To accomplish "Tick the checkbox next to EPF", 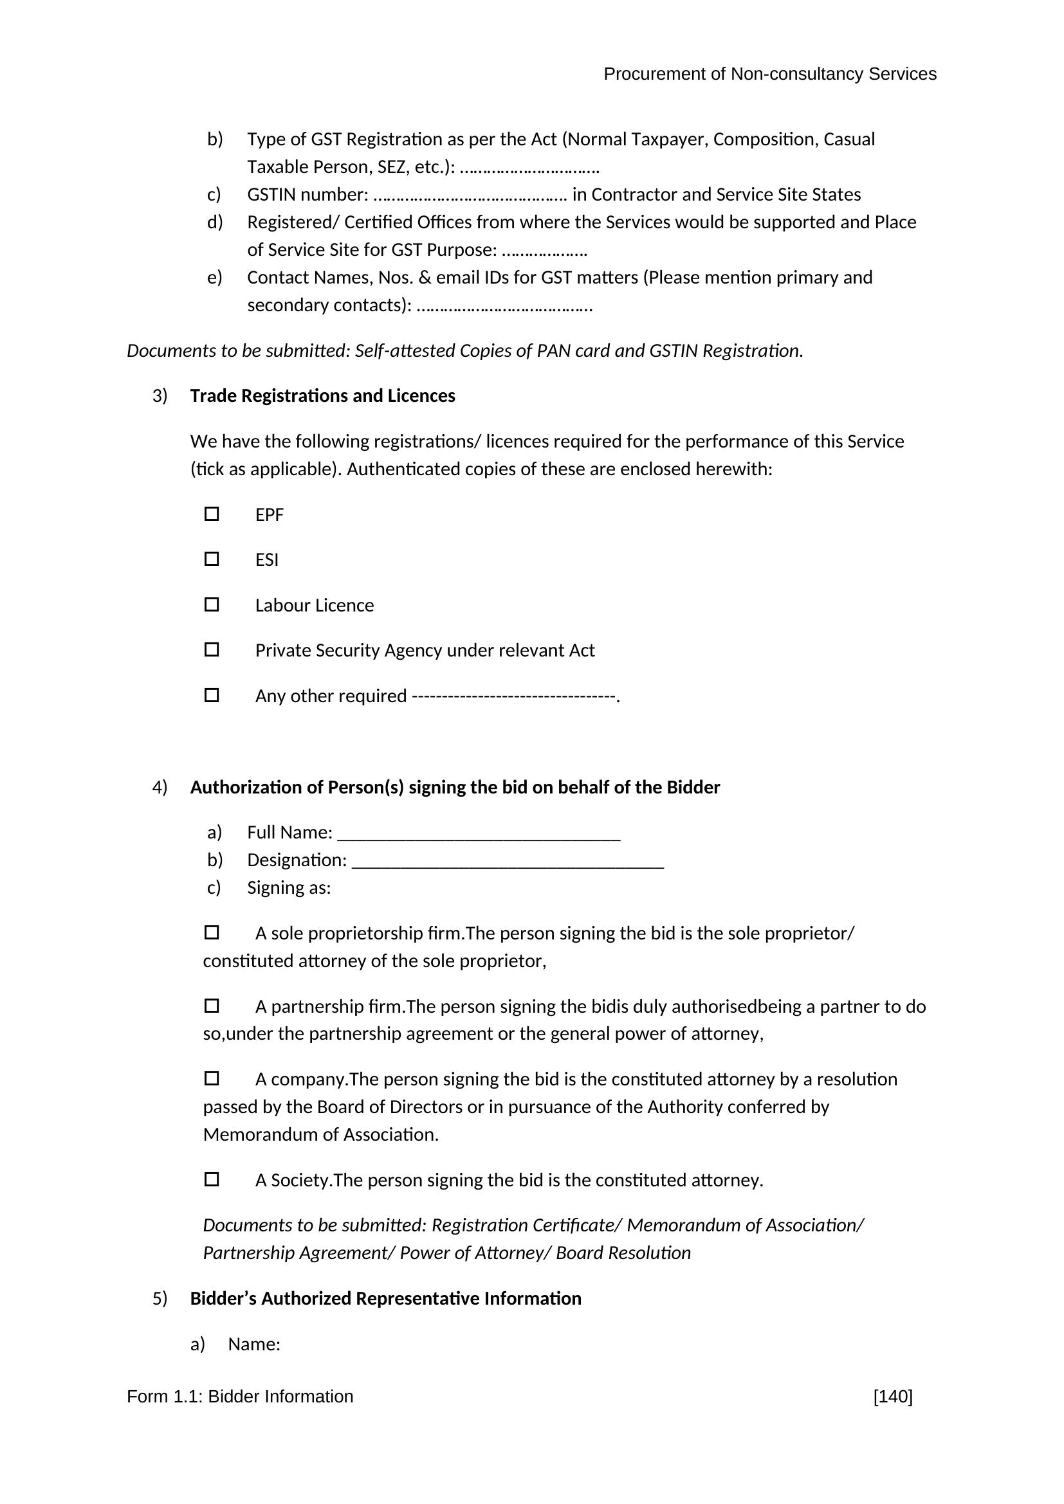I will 212,514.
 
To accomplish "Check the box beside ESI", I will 212,559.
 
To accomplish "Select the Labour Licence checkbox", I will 212,604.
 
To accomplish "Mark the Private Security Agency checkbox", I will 212,649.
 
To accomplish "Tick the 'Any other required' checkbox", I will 212,694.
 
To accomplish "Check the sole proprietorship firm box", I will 212,932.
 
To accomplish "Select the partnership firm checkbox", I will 212,1005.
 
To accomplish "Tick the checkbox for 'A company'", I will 212,1078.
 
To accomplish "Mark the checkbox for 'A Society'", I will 212,1179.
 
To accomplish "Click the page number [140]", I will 892,1397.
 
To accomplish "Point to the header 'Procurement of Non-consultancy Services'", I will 769,74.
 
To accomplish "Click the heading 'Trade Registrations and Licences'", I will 322,395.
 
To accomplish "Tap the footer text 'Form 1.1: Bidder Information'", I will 240,1397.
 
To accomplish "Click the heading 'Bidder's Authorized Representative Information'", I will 385,1298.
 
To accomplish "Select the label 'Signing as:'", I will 289,887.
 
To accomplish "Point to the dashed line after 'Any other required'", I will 515,696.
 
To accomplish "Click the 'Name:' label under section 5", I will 254,1344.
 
